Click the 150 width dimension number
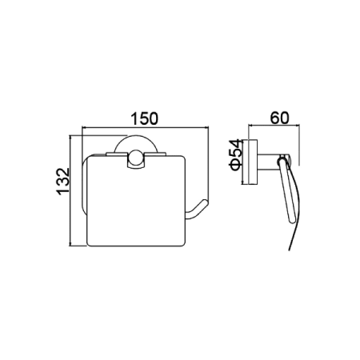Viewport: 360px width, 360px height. click(144, 118)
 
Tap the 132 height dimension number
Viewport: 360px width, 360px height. click(63, 182)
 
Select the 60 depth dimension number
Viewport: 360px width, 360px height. click(279, 118)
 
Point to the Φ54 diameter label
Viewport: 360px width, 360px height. click(235, 154)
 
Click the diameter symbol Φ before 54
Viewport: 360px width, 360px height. click(235, 165)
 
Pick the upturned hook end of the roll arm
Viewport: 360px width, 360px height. click(198, 210)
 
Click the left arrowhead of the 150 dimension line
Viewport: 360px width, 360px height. click(83, 128)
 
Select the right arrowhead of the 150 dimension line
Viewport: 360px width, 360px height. click(206, 128)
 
